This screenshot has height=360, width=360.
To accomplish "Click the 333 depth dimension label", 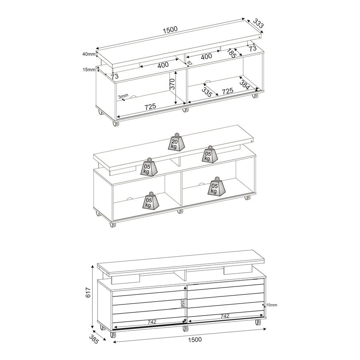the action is (x=258, y=24).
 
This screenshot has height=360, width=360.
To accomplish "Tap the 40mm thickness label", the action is (x=89, y=54).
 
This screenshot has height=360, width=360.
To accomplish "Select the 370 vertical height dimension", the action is (x=172, y=84).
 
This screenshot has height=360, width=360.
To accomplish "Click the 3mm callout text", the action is (x=123, y=96).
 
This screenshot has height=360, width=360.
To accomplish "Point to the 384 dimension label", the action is (x=244, y=84).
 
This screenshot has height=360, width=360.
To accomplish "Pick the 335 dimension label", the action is (x=207, y=90).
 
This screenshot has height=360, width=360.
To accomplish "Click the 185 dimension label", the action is (x=232, y=53).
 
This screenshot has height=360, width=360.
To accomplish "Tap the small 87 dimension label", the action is (x=190, y=63).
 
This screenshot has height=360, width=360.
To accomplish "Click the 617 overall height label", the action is (x=88, y=292).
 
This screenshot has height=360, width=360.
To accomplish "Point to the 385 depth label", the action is (x=94, y=339).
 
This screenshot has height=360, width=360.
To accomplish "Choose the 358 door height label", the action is (x=182, y=303).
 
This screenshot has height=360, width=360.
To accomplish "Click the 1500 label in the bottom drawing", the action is (x=195, y=340).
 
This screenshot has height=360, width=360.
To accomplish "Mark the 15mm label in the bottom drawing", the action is (x=272, y=305).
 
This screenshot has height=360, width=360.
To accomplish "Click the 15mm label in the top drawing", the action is (x=89, y=69).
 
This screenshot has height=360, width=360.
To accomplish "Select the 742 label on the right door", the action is (x=225, y=316).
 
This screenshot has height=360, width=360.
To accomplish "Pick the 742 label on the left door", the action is (x=152, y=322).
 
